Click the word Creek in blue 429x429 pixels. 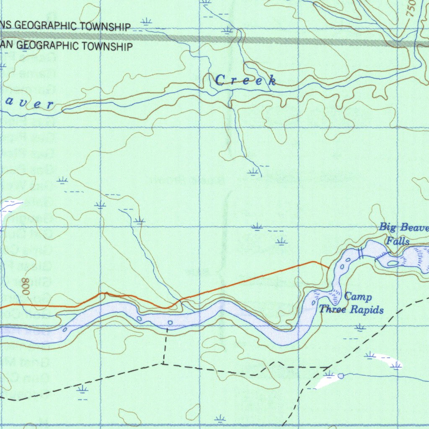pos(246,80)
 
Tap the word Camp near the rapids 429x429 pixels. pos(358,297)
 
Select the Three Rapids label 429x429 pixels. pos(351,310)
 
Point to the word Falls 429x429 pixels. pos(398,241)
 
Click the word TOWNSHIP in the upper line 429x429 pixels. pos(105,27)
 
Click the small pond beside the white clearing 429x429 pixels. pos(341,376)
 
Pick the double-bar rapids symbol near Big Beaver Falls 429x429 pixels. pos(360,253)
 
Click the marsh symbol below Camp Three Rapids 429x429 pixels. pos(360,327)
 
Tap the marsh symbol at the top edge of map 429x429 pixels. pos(205,3)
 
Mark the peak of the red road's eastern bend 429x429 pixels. pos(314,262)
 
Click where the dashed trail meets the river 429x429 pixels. pos(167,328)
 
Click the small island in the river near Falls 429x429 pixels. pos(393,264)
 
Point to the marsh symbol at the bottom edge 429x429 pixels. pos(220,418)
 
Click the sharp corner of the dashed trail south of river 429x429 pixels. pos(163,364)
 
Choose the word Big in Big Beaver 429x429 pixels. pos(388,227)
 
